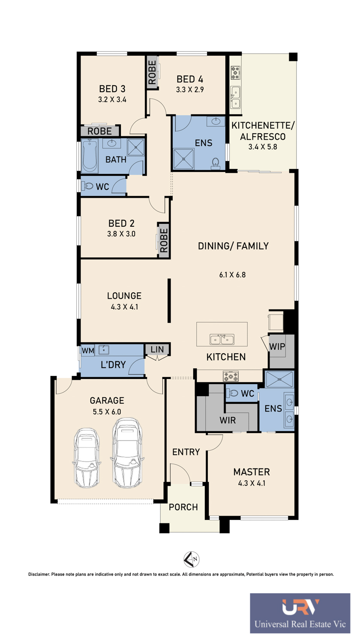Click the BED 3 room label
coord(112,89)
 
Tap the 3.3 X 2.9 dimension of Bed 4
coord(190,90)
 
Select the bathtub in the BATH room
coord(90,156)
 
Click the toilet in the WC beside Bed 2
coord(87,186)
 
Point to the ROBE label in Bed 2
coord(164,240)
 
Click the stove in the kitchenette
coord(236,73)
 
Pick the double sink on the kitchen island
coord(222,340)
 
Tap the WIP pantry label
coord(277,346)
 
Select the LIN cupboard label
coord(157,349)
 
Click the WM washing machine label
coord(88,351)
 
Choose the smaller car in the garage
coord(87,458)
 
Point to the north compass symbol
coord(191,559)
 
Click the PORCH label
coord(183,507)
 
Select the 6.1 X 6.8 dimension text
coord(232,275)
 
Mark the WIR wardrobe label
coord(228,420)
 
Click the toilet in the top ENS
coord(215,163)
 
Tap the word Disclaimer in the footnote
coord(39,574)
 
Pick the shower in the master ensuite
coord(279,379)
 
